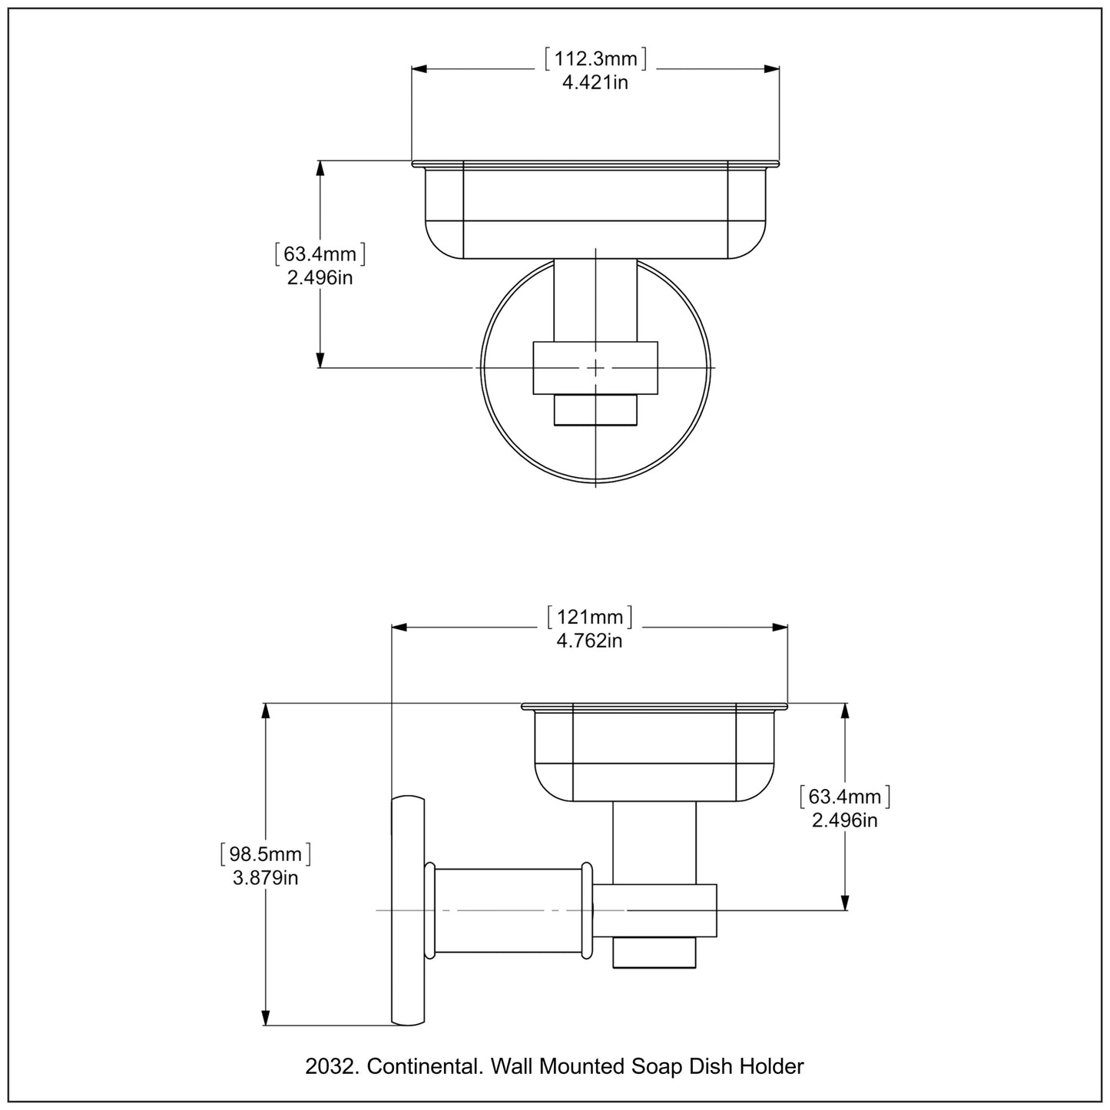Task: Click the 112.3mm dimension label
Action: (x=595, y=59)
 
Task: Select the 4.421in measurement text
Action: (x=595, y=83)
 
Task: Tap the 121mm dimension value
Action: (x=590, y=617)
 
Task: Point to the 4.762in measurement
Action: (x=590, y=641)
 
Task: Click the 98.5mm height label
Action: (x=266, y=853)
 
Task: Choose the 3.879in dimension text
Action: (x=266, y=877)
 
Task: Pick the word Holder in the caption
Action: (x=771, y=1066)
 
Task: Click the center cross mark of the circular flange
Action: (x=596, y=368)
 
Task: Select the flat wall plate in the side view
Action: (x=408, y=911)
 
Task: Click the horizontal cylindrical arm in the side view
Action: (x=509, y=911)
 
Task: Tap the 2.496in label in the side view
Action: (x=845, y=820)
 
